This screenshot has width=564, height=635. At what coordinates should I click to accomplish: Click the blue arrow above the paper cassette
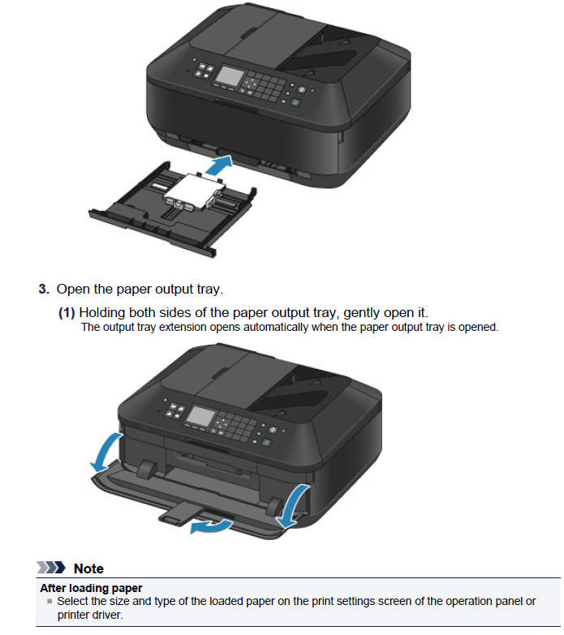(x=218, y=168)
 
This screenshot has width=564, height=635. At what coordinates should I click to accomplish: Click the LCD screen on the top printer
(x=229, y=78)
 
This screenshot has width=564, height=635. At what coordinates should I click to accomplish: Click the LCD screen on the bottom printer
(x=200, y=418)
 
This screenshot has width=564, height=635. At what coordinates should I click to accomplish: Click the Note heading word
(x=88, y=568)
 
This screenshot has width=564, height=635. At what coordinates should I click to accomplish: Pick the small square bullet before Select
(x=50, y=602)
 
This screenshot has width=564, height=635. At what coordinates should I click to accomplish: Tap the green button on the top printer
(x=295, y=103)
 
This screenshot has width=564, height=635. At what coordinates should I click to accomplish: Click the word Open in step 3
(x=73, y=290)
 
